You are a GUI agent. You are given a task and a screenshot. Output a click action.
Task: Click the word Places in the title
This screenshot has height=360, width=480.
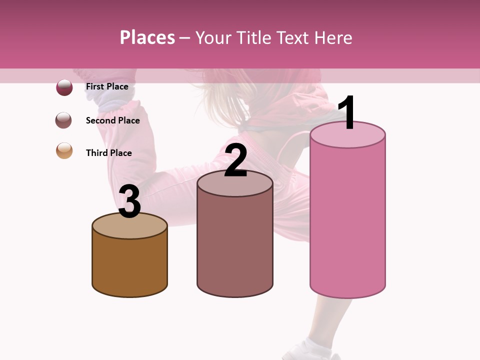(147, 37)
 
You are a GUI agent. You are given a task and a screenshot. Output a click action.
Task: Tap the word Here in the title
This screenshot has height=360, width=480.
(334, 37)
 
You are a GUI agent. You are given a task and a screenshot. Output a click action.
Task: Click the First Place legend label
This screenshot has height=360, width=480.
(107, 86)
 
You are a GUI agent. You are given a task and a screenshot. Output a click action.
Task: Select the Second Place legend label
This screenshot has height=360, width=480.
(112, 120)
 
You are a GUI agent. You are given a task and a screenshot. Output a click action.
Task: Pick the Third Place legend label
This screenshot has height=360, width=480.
(108, 153)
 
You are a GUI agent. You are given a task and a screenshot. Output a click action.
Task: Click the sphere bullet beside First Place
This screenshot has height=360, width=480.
(64, 87)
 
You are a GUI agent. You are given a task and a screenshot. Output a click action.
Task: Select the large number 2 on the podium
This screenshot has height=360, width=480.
(235, 160)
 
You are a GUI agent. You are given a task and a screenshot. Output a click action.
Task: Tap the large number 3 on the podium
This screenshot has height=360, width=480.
(129, 201)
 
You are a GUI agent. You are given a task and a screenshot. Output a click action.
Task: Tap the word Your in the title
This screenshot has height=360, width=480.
(217, 37)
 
